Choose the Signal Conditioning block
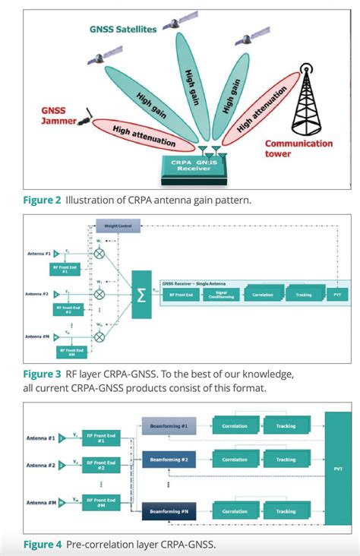[220, 294]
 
